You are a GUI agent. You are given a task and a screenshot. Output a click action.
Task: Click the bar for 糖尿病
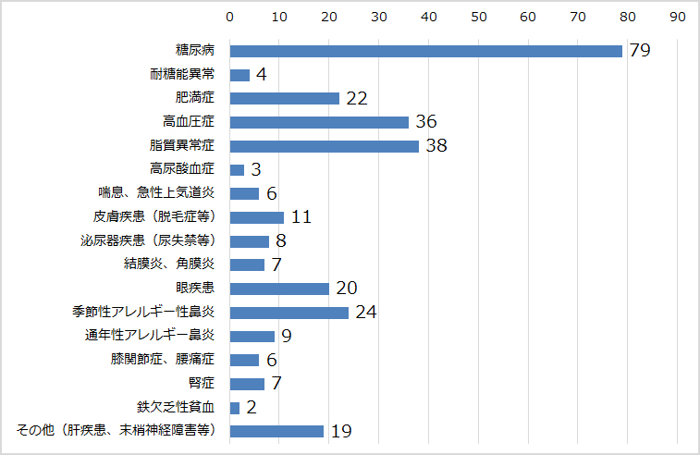coord(425,51)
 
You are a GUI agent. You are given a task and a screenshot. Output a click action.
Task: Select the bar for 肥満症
coord(284,98)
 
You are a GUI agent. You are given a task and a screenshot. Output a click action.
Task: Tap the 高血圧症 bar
coord(319,122)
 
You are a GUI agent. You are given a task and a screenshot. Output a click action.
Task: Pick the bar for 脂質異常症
coord(324,146)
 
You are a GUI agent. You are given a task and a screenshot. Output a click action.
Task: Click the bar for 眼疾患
coord(279,289)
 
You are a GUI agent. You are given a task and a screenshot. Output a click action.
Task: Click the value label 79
coord(639,51)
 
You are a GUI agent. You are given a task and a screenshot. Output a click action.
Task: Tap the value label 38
coord(436,146)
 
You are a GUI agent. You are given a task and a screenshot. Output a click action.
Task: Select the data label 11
coord(301,217)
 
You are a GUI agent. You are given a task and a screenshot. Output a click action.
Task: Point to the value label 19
coord(340,431)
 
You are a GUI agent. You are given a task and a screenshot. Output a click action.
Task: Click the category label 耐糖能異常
coord(182,74)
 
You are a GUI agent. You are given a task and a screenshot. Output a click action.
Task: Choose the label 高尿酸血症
coord(182,169)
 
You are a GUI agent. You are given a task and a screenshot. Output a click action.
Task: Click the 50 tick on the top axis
coord(478,16)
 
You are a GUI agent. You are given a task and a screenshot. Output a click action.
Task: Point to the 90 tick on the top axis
coord(677,16)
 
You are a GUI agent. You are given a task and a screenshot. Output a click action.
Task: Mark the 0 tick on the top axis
coord(230,16)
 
